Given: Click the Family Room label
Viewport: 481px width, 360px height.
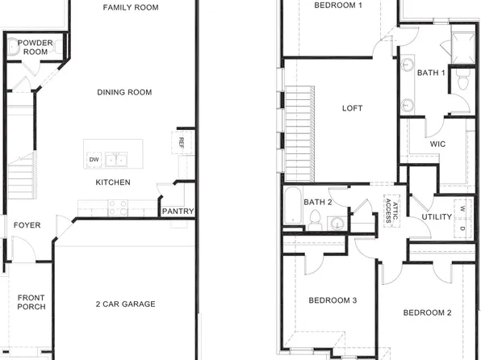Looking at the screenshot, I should pyautogui.click(x=130, y=7).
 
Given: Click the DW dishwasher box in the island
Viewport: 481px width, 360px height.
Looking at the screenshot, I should pyautogui.click(x=94, y=159).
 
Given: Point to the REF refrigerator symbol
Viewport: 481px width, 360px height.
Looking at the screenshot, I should pyautogui.click(x=182, y=142).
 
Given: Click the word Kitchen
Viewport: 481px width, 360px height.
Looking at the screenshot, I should pyautogui.click(x=113, y=182).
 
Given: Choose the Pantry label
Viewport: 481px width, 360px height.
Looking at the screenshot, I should pyautogui.click(x=178, y=211).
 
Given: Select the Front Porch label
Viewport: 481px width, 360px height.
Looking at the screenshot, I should pyautogui.click(x=31, y=302).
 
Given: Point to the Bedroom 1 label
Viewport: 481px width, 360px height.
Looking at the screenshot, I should pyautogui.click(x=337, y=5).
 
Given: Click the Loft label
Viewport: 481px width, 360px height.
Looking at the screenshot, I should pyautogui.click(x=353, y=108).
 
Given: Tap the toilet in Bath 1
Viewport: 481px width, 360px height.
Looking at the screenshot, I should pyautogui.click(x=462, y=81).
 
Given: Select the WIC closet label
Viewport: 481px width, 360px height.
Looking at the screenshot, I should pyautogui.click(x=438, y=144).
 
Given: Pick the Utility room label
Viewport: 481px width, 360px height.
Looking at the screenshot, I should pyautogui.click(x=437, y=217).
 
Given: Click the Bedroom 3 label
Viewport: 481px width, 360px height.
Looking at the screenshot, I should pyautogui.click(x=333, y=301).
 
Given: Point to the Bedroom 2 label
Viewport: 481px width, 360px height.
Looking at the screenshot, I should pyautogui.click(x=427, y=313).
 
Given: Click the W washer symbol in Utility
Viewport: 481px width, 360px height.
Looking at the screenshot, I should pyautogui.click(x=462, y=207).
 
